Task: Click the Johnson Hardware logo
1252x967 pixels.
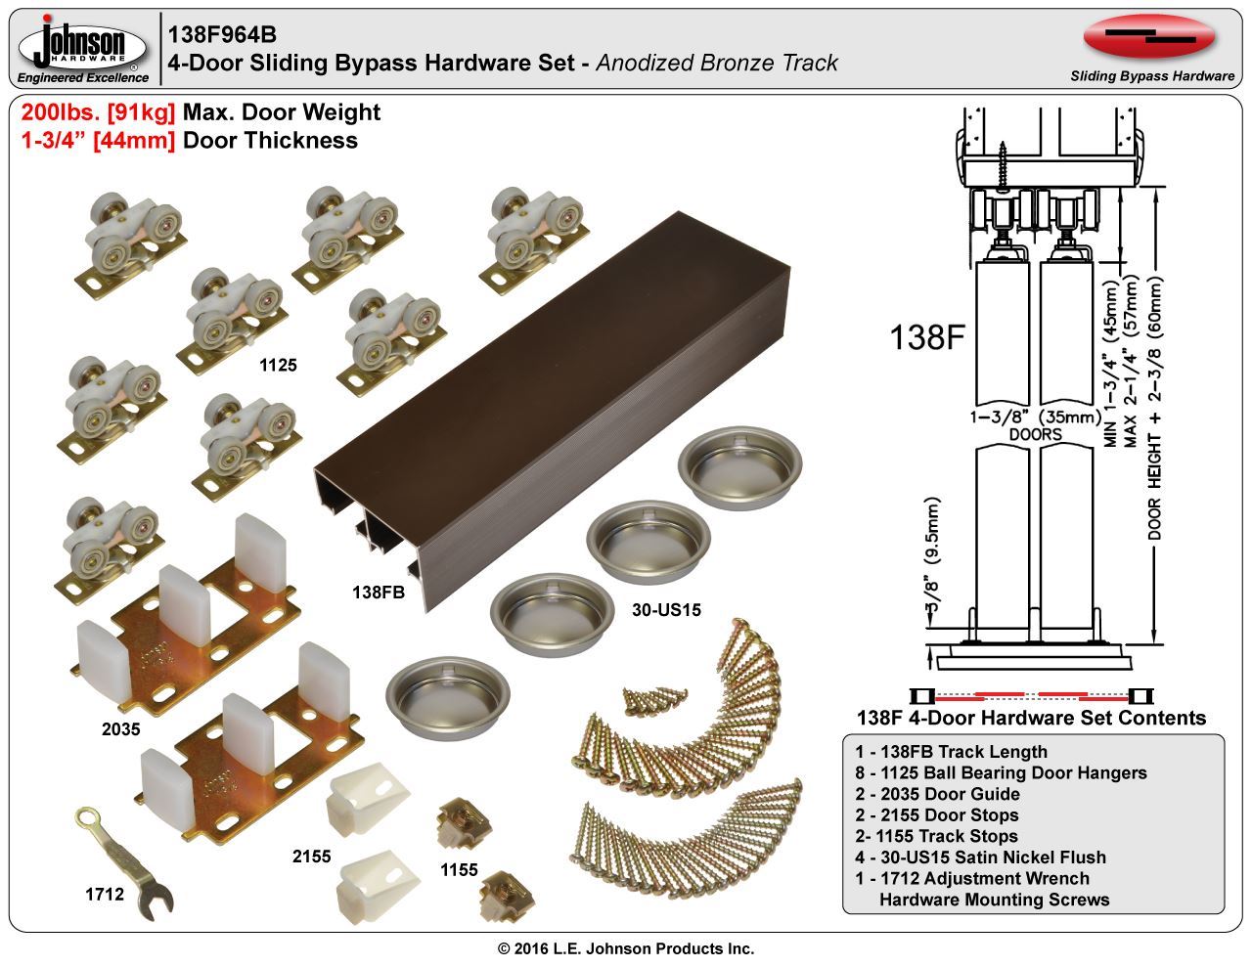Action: point(84,47)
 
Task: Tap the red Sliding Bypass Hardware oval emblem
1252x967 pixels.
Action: point(1149,36)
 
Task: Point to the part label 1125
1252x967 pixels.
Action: point(278,366)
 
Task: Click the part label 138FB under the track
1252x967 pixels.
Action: point(379,592)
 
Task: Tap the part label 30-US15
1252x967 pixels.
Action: point(665,610)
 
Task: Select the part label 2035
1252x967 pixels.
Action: point(121,728)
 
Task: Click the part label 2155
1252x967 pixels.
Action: point(311,857)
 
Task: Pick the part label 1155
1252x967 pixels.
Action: point(459,869)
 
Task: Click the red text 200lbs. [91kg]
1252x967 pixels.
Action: point(98,112)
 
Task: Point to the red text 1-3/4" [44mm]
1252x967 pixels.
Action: point(98,140)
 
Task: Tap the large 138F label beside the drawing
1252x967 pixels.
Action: point(928,337)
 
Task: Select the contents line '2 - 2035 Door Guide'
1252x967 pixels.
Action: point(936,794)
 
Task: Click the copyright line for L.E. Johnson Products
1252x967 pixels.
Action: point(626,948)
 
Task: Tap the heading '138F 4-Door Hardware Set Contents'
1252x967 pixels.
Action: point(1031,718)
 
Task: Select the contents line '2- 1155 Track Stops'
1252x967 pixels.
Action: point(935,836)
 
